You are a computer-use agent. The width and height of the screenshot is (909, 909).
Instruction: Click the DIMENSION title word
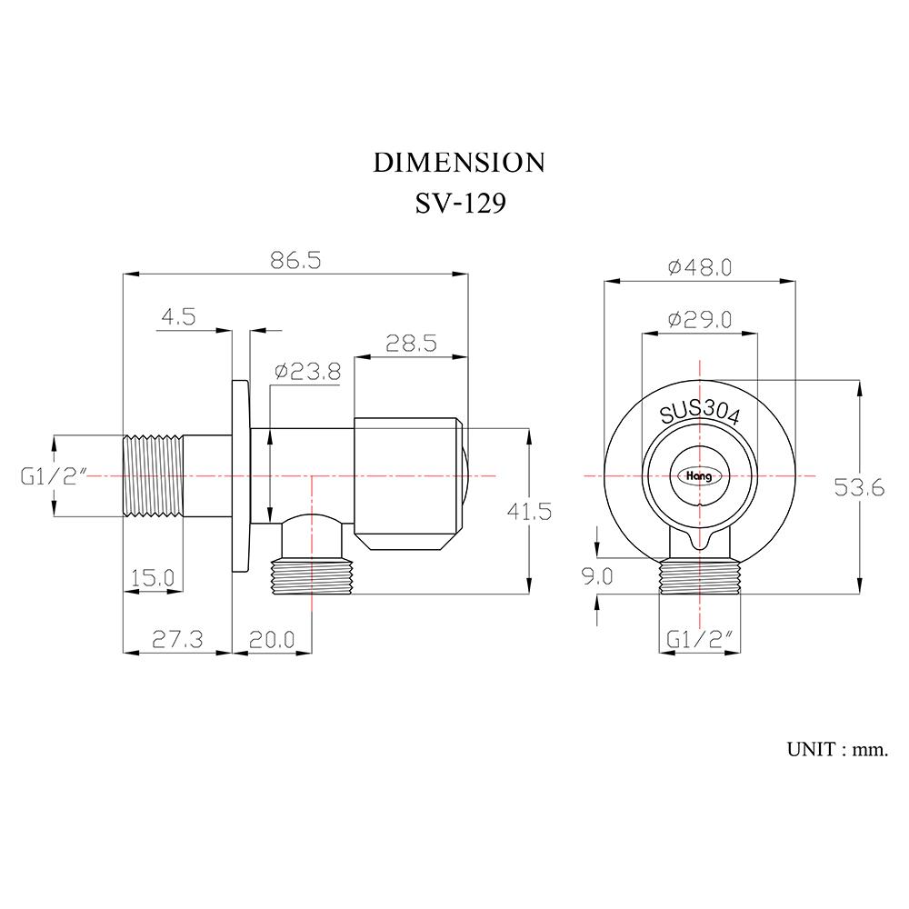coord(459,163)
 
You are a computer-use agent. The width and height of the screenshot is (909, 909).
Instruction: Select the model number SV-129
coord(459,203)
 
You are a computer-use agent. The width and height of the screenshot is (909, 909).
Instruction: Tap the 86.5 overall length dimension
coord(295,261)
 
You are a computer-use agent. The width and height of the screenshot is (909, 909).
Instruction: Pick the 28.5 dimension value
coord(411,343)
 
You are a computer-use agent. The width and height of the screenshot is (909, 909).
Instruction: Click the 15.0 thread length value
coord(153,577)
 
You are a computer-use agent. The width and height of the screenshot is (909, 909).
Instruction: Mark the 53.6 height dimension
coord(859,488)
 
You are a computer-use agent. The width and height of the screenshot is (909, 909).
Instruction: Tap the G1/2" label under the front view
coord(699,639)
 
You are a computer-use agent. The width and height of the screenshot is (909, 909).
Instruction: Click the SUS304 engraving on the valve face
coord(700,414)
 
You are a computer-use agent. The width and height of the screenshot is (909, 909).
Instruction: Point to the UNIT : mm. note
coord(839,750)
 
